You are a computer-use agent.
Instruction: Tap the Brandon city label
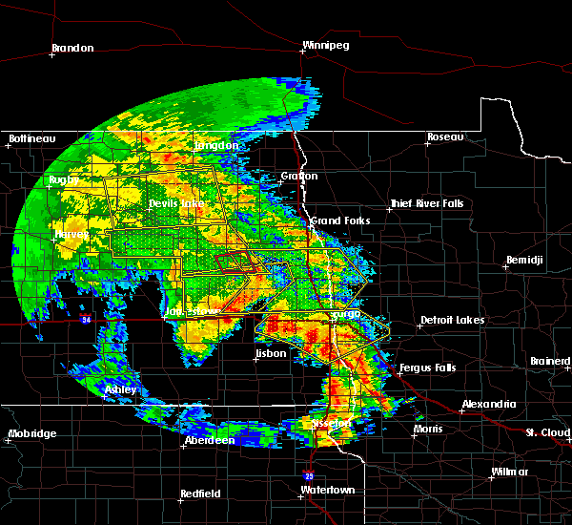[x=71, y=48]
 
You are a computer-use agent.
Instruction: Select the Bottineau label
[x=30, y=139]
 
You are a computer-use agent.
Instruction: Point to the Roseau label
[x=445, y=137]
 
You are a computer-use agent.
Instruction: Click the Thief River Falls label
[x=426, y=204]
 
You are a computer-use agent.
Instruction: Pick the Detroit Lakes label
[x=452, y=320]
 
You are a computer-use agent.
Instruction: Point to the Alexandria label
[x=488, y=405]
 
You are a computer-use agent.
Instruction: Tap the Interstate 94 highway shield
[x=87, y=318]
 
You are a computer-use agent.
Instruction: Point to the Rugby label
[x=65, y=179]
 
